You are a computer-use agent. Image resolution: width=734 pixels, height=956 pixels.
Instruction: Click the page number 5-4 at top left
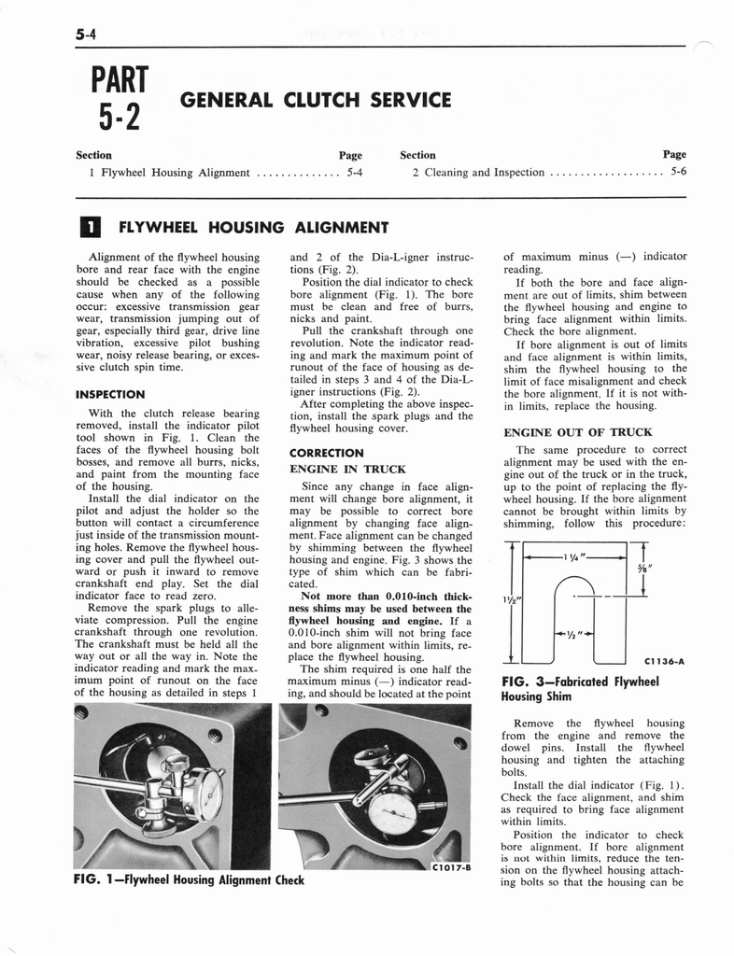pos(88,36)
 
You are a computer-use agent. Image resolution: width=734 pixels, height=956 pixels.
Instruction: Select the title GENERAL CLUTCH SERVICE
pos(316,100)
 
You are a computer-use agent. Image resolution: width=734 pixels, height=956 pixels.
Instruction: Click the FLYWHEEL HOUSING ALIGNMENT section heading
pos(249,227)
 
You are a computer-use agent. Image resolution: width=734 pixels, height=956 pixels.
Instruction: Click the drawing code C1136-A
pos(664,662)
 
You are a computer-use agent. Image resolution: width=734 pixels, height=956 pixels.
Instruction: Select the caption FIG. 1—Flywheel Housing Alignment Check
pos(189,879)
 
